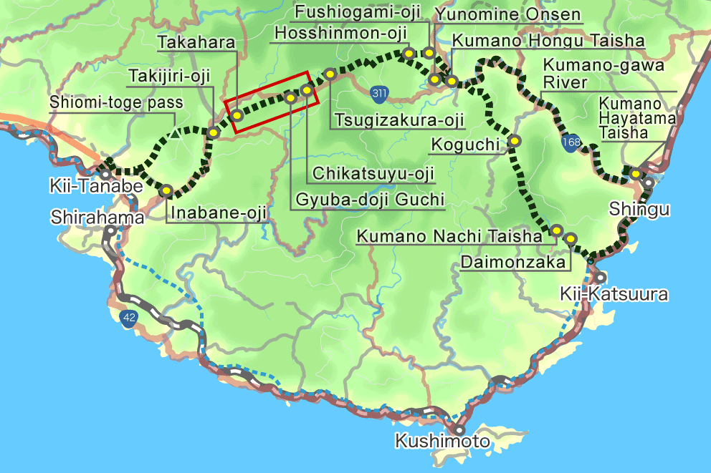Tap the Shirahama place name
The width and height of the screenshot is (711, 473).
[97, 216]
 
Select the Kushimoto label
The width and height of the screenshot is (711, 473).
[442, 441]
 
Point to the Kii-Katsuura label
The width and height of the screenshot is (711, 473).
[616, 294]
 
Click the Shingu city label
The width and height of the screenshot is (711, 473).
[639, 209]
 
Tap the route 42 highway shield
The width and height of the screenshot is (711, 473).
[129, 318]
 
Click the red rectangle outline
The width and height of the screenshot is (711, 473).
[268, 101]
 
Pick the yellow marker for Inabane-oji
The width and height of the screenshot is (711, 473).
[166, 191]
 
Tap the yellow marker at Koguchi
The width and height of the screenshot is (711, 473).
[515, 142]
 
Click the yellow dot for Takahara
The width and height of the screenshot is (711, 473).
[236, 114]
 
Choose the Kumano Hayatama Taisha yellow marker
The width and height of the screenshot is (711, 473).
[635, 173]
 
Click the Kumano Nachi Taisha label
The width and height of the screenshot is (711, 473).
[449, 235]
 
